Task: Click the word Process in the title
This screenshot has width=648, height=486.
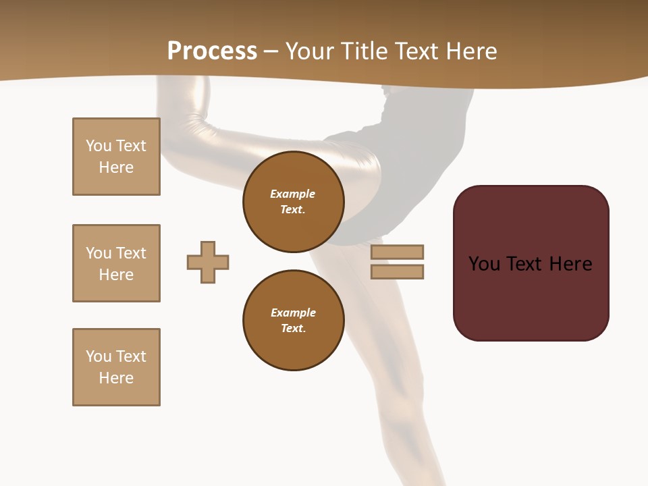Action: point(212,51)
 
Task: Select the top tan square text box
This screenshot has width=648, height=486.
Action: point(116,157)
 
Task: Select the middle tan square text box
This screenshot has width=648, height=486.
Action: point(116,263)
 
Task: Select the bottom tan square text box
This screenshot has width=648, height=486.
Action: point(116,367)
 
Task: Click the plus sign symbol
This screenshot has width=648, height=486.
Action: point(208,262)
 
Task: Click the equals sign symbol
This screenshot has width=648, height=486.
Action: point(397,262)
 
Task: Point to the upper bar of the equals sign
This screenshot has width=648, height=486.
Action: point(397,252)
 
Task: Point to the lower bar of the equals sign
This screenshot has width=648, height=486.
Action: point(397,271)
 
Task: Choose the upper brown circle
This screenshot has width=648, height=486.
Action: point(293,202)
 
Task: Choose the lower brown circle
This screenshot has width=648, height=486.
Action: point(293,321)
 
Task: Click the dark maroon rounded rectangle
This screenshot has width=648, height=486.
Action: point(531,263)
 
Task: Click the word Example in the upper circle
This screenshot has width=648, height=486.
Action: point(293,194)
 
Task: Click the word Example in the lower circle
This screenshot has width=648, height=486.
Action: point(293,313)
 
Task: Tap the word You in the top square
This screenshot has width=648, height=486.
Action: point(98,146)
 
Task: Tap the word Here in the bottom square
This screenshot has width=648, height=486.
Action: point(116,378)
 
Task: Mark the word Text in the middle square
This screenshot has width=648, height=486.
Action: point(131,253)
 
